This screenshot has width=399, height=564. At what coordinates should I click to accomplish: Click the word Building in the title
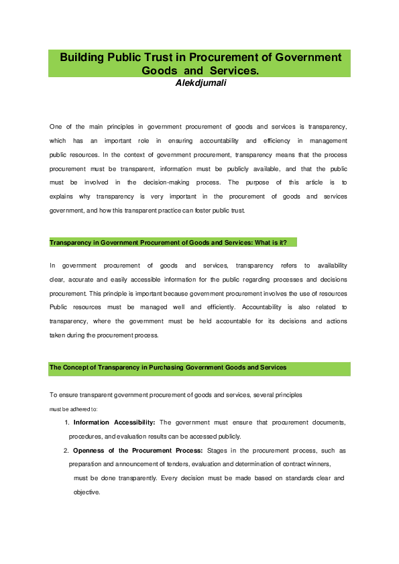pyautogui.click(x=82, y=57)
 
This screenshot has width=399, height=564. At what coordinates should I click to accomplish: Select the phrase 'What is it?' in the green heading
pyautogui.click(x=270, y=242)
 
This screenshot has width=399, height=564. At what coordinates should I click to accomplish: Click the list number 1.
pyautogui.click(x=66, y=422)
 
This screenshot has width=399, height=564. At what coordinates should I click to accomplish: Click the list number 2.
pyautogui.click(x=66, y=451)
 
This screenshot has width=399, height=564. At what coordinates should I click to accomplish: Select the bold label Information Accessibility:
pyautogui.click(x=115, y=422)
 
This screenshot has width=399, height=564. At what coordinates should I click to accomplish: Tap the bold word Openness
pyautogui.click(x=91, y=451)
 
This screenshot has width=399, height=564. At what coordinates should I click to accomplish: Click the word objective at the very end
pyautogui.click(x=87, y=492)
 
